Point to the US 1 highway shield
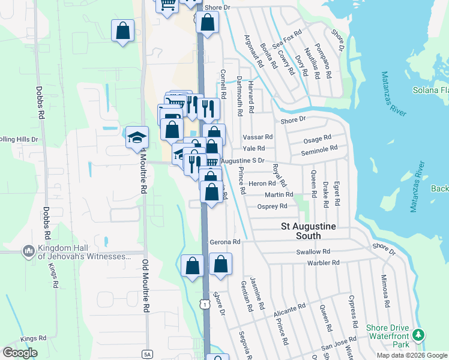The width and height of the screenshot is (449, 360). tap(205, 305)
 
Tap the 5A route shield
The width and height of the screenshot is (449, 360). tap(146, 353)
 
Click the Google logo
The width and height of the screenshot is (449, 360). tap(20, 353)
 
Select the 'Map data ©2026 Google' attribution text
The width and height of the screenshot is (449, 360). tap(411, 355)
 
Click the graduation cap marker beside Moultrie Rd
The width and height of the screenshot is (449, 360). tap(137, 137)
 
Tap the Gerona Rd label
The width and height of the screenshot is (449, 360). tap(225, 242)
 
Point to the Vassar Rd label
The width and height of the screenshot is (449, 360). tap(258, 137)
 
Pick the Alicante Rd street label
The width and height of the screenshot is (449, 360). tap(289, 310)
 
